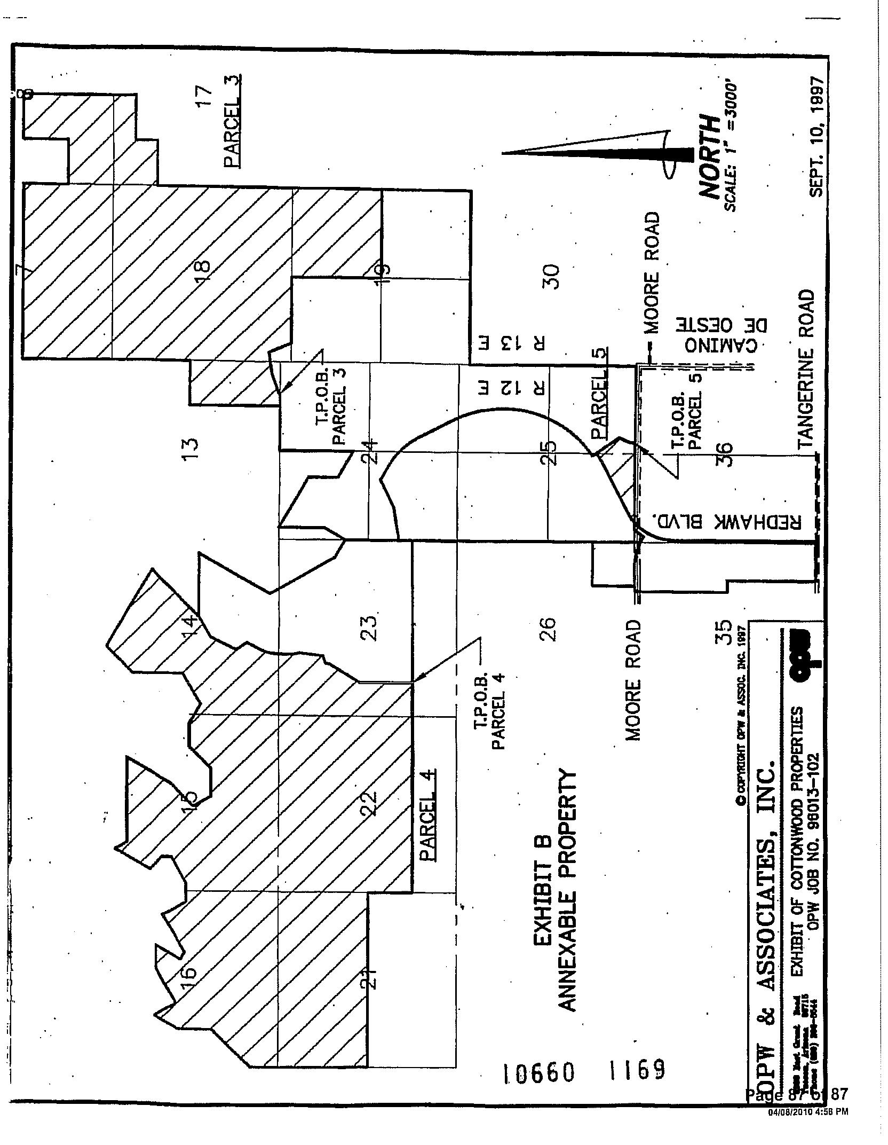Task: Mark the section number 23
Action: (370, 627)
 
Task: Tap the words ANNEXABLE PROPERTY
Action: (568, 891)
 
